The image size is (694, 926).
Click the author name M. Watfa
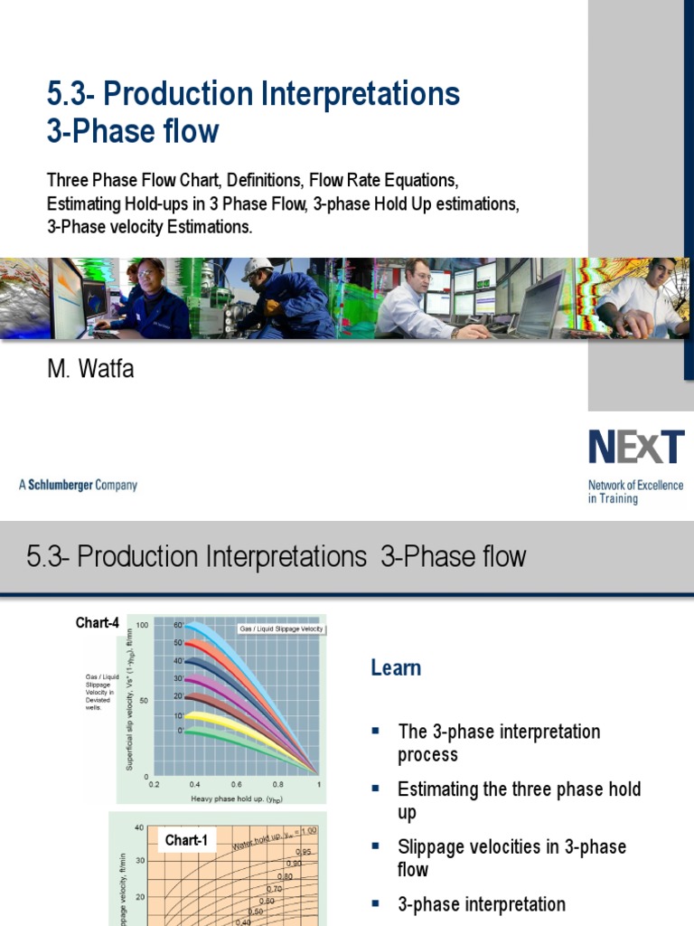point(90,369)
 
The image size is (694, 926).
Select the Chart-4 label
point(97,623)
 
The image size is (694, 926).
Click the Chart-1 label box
point(186,841)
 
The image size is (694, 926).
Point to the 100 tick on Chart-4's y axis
point(143,625)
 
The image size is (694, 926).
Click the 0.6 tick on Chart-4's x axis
point(236,784)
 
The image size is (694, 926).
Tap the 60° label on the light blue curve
point(178,626)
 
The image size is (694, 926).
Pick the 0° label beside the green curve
point(180,729)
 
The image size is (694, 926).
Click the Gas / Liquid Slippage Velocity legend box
point(280,628)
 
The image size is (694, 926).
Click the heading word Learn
point(396,668)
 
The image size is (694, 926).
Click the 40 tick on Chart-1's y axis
point(138,827)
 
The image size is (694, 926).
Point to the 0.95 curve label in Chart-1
point(305,852)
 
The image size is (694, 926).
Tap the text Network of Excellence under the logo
point(635,486)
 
